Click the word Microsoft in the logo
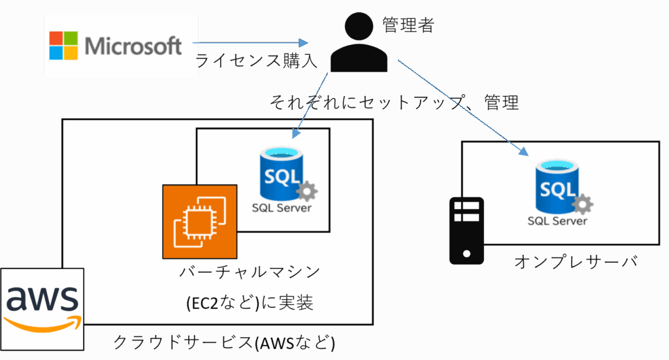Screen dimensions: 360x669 pos(133,46)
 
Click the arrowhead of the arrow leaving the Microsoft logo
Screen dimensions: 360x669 pos(303,43)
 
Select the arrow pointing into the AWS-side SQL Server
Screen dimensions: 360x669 pos(310,105)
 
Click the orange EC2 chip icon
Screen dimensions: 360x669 pos(199,221)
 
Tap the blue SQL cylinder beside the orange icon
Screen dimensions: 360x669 pos(282,173)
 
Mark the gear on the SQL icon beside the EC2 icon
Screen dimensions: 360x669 pos(306,191)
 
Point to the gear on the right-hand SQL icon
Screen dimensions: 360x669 pos(582,205)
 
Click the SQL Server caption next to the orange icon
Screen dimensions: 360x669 pos(282,208)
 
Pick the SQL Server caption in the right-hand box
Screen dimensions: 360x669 pos(557,221)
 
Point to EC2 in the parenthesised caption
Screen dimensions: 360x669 pos(204,303)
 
